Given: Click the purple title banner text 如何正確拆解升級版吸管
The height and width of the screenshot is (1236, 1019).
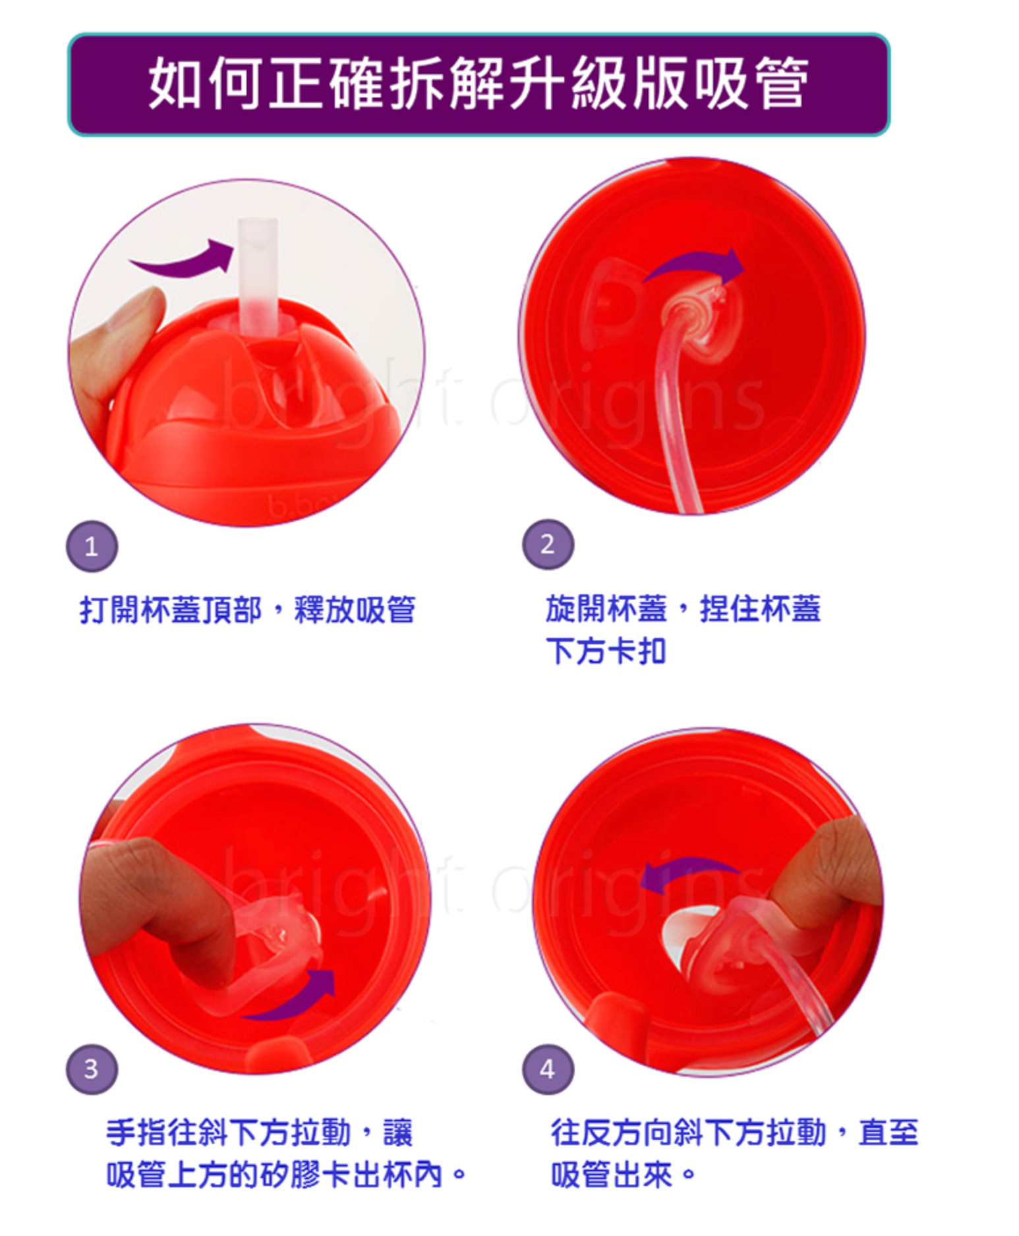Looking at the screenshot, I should (x=479, y=84).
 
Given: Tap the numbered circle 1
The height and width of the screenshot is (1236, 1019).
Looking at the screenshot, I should (x=92, y=546).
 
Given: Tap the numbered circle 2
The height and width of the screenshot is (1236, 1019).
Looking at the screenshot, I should (x=548, y=544).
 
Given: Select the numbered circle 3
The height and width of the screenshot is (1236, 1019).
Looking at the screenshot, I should (x=92, y=1068).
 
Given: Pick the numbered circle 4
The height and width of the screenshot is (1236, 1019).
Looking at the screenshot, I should (x=548, y=1069).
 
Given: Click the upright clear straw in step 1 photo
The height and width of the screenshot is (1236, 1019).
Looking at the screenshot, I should (x=258, y=277).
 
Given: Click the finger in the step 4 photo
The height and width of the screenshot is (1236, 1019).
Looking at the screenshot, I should (x=824, y=870).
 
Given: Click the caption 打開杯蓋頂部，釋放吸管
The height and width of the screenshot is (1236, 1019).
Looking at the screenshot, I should (x=247, y=609).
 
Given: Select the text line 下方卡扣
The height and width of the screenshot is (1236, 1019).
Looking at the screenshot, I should (x=606, y=652).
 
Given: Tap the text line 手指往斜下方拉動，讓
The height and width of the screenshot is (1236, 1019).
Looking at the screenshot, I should (x=259, y=1133).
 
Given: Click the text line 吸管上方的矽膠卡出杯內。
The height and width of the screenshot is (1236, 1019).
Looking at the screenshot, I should (x=285, y=1175).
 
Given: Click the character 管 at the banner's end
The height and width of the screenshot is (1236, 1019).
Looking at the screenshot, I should (x=781, y=84).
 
